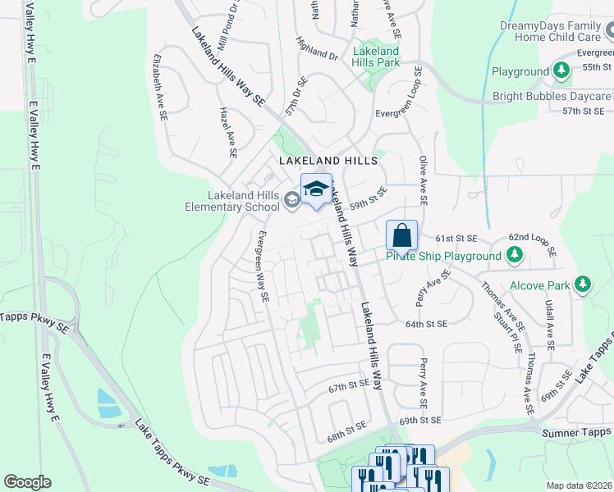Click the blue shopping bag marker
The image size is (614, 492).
pos(402,235)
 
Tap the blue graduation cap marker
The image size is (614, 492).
pos(316,189)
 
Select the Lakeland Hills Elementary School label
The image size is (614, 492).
pos(231,201)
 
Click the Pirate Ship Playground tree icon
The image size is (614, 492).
pos(514,257)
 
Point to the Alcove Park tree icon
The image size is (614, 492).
pos(583,285)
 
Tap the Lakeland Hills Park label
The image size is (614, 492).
pos(375,57)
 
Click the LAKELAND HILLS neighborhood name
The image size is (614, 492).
pos(328,161)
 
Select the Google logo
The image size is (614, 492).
pos(27,482)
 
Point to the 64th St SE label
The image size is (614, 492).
pos(424,325)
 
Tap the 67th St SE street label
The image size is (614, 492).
pos(349,385)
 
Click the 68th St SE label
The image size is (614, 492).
pos(346,428)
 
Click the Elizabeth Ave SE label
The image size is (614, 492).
pos(158,89)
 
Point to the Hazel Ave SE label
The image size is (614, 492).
pos(227,131)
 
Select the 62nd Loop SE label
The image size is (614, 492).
pos(533,244)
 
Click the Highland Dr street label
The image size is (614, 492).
pos(318,51)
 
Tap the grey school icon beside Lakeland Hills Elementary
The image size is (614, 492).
pos(291,200)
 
